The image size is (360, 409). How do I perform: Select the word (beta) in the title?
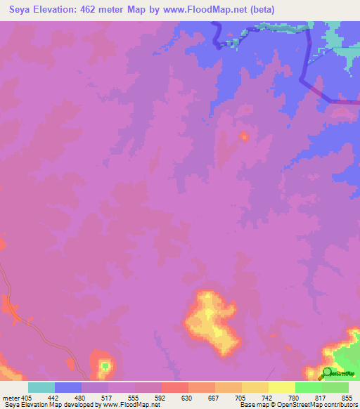[x=259, y=10]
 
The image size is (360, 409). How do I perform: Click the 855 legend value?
[x=347, y=397]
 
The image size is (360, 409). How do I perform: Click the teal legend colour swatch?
[x=41, y=387]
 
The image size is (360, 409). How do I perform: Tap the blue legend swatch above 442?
[x=68, y=387]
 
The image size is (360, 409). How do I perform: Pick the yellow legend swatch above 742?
[x=281, y=387]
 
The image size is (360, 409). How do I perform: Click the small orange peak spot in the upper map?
[x=244, y=136]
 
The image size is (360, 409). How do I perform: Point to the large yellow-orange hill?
[x=211, y=320]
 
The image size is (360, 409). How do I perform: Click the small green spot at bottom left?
[x=105, y=365]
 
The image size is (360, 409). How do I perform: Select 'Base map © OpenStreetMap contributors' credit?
[x=297, y=405]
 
